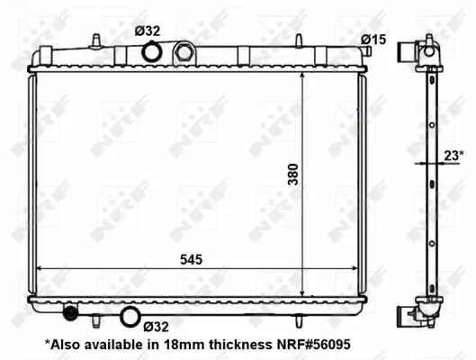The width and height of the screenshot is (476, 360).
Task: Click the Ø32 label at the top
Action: pos(148,31)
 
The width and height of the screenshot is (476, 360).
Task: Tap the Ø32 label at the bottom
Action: pos(156,327)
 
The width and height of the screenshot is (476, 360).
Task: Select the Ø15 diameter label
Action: pos(373,39)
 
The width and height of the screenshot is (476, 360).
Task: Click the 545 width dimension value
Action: pos(190,259)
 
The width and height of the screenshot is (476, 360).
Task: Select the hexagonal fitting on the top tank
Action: pos(185,52)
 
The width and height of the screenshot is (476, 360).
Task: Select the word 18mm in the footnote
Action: pos(182,344)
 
